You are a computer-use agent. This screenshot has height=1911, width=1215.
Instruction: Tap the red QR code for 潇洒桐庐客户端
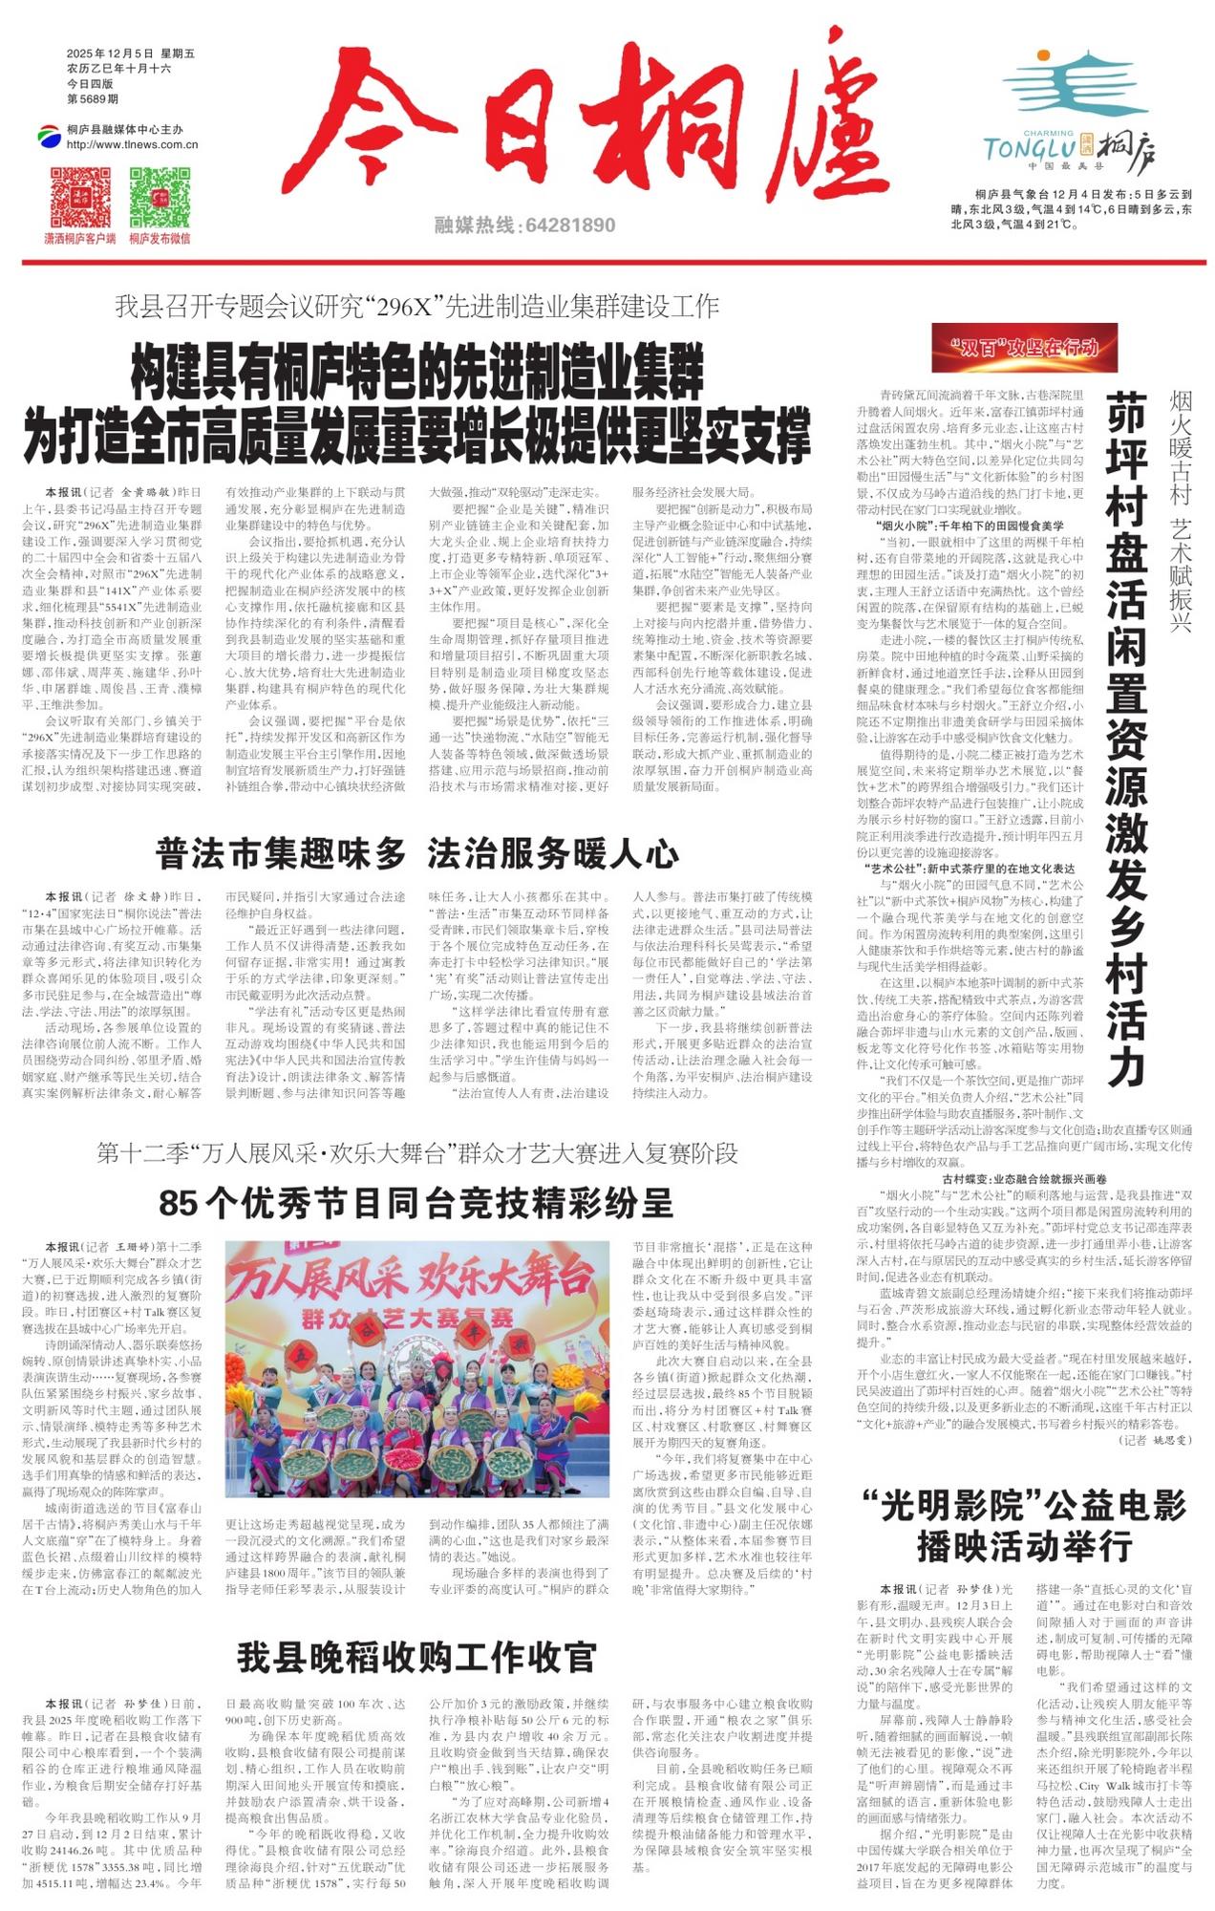point(80,197)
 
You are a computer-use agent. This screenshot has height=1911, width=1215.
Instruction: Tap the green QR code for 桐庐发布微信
point(160,197)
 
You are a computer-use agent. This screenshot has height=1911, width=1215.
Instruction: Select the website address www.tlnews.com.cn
point(132,145)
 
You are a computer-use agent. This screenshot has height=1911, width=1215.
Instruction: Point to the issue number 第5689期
point(93,99)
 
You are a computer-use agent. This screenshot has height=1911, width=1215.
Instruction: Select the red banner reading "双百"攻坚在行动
point(1024,348)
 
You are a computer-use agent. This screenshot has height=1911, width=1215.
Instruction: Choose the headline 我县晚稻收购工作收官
point(416,1657)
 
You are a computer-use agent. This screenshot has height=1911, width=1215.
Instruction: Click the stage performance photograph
point(417,1368)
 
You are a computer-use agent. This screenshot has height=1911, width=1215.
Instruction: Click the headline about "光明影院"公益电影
point(1024,1524)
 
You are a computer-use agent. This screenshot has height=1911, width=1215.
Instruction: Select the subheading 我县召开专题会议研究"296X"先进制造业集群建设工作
point(416,307)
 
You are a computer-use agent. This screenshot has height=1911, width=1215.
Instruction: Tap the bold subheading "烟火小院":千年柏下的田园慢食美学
point(969,526)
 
